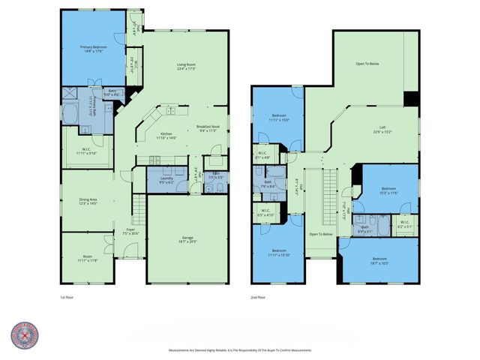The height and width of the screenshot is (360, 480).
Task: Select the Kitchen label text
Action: click(x=166, y=136)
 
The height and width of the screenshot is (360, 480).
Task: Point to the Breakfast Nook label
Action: click(x=208, y=128)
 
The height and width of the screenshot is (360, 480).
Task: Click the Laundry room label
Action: click(x=166, y=180)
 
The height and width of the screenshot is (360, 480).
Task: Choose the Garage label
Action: click(x=187, y=239)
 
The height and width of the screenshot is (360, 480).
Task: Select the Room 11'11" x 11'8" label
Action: click(x=87, y=259)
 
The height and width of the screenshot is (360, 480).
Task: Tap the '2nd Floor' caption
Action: click(x=259, y=297)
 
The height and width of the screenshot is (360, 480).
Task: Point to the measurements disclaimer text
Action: click(x=239, y=350)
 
